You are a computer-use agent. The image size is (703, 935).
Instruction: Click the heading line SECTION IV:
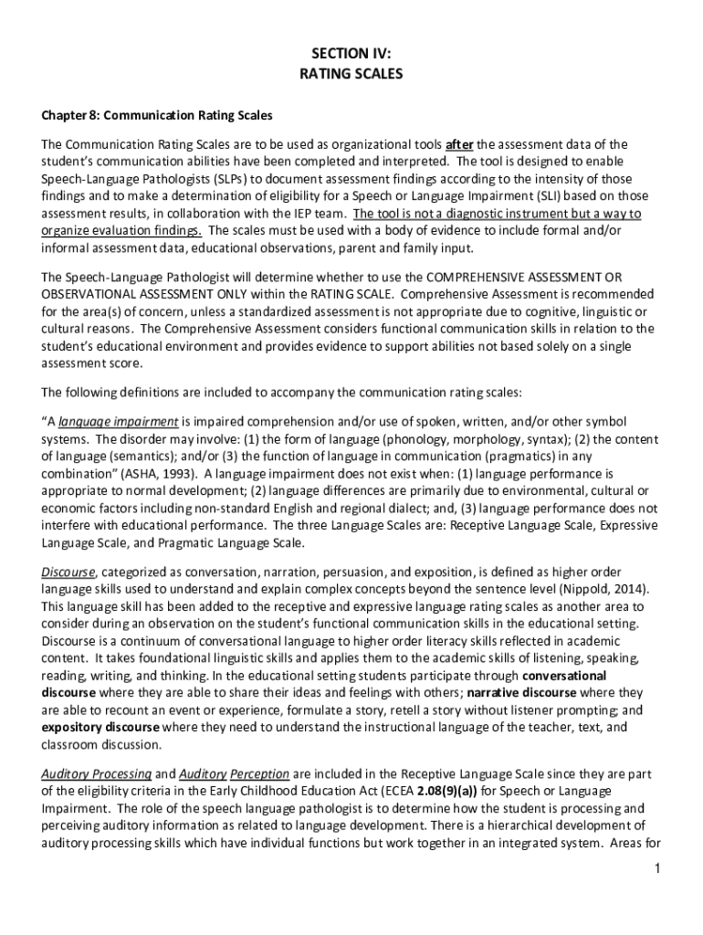coord(351,53)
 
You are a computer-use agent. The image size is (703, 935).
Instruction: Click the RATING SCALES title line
coord(351,74)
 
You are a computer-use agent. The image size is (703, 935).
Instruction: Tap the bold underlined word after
coord(459,144)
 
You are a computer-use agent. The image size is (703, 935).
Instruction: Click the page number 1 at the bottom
coord(656,867)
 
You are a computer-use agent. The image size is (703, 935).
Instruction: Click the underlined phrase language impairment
coord(118,422)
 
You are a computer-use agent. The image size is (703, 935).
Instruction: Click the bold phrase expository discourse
coord(100,728)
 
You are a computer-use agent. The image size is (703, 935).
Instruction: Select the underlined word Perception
coord(260,773)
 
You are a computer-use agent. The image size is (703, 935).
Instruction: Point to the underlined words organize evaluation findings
coord(123,231)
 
